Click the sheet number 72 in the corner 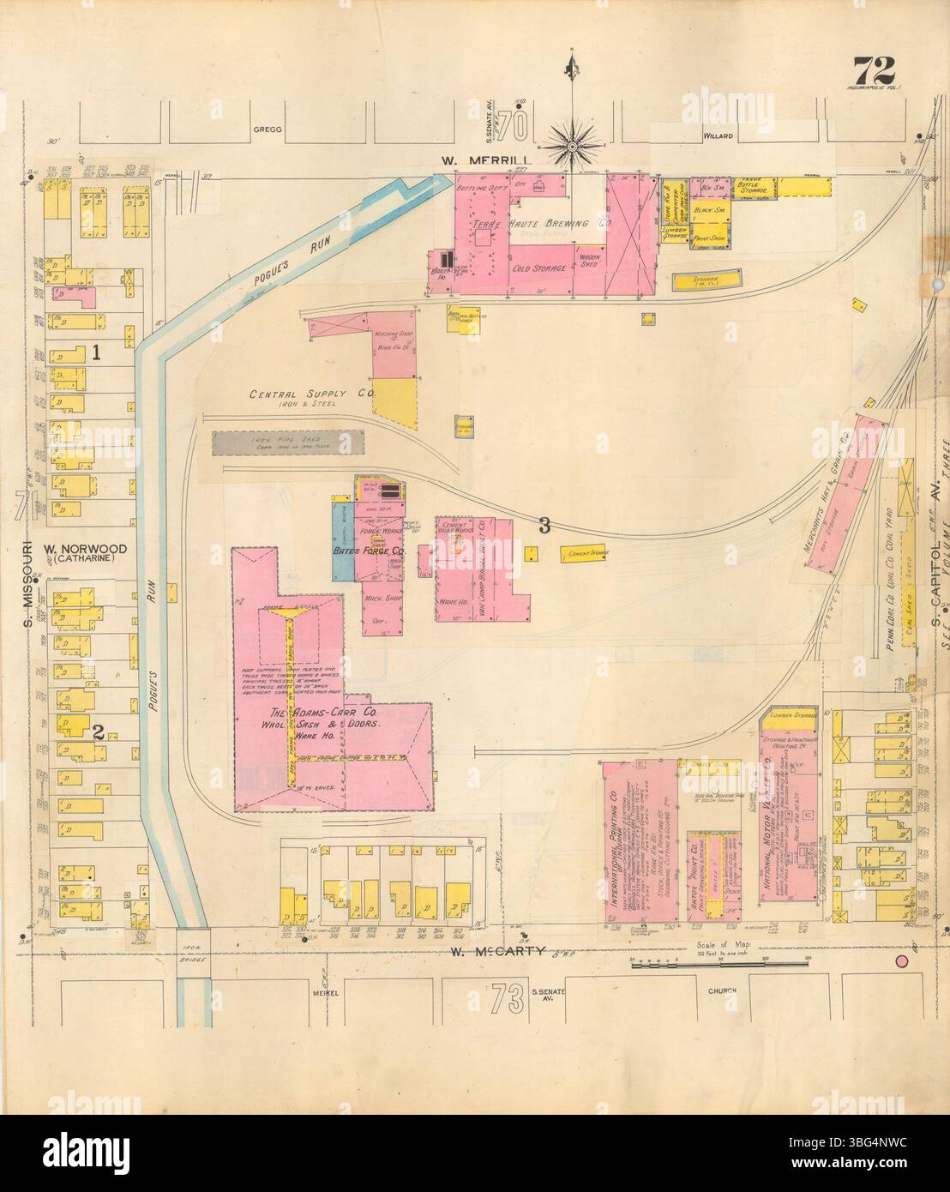873,68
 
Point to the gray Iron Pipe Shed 289,442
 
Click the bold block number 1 98,352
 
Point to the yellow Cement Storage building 587,554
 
